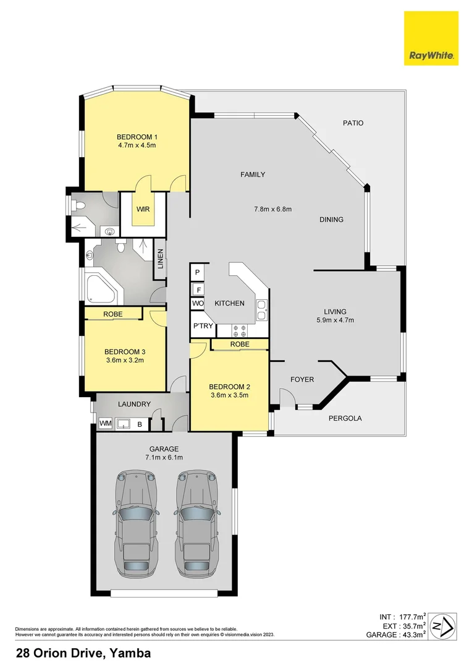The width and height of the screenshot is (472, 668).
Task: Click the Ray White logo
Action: pos(432,38)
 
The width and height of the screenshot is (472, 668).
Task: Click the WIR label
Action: pos(143,210)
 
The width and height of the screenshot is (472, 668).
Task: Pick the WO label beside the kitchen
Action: pos(198,304)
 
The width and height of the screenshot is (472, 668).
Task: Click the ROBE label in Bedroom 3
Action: pos(112,314)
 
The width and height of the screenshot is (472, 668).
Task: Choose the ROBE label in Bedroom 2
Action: pos(240,344)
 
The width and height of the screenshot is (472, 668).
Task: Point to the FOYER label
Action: pos(302,379)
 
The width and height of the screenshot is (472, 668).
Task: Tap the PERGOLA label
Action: pos(345,418)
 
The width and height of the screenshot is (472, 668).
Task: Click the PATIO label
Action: pos(353,123)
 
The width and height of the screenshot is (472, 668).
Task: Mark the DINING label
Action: pos(332,220)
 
